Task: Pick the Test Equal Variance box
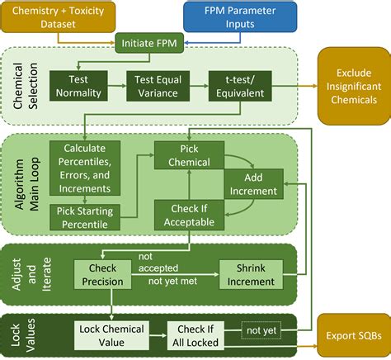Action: pos(157,87)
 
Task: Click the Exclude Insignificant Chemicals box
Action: pos(353,87)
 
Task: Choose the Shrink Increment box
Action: pos(251,276)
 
